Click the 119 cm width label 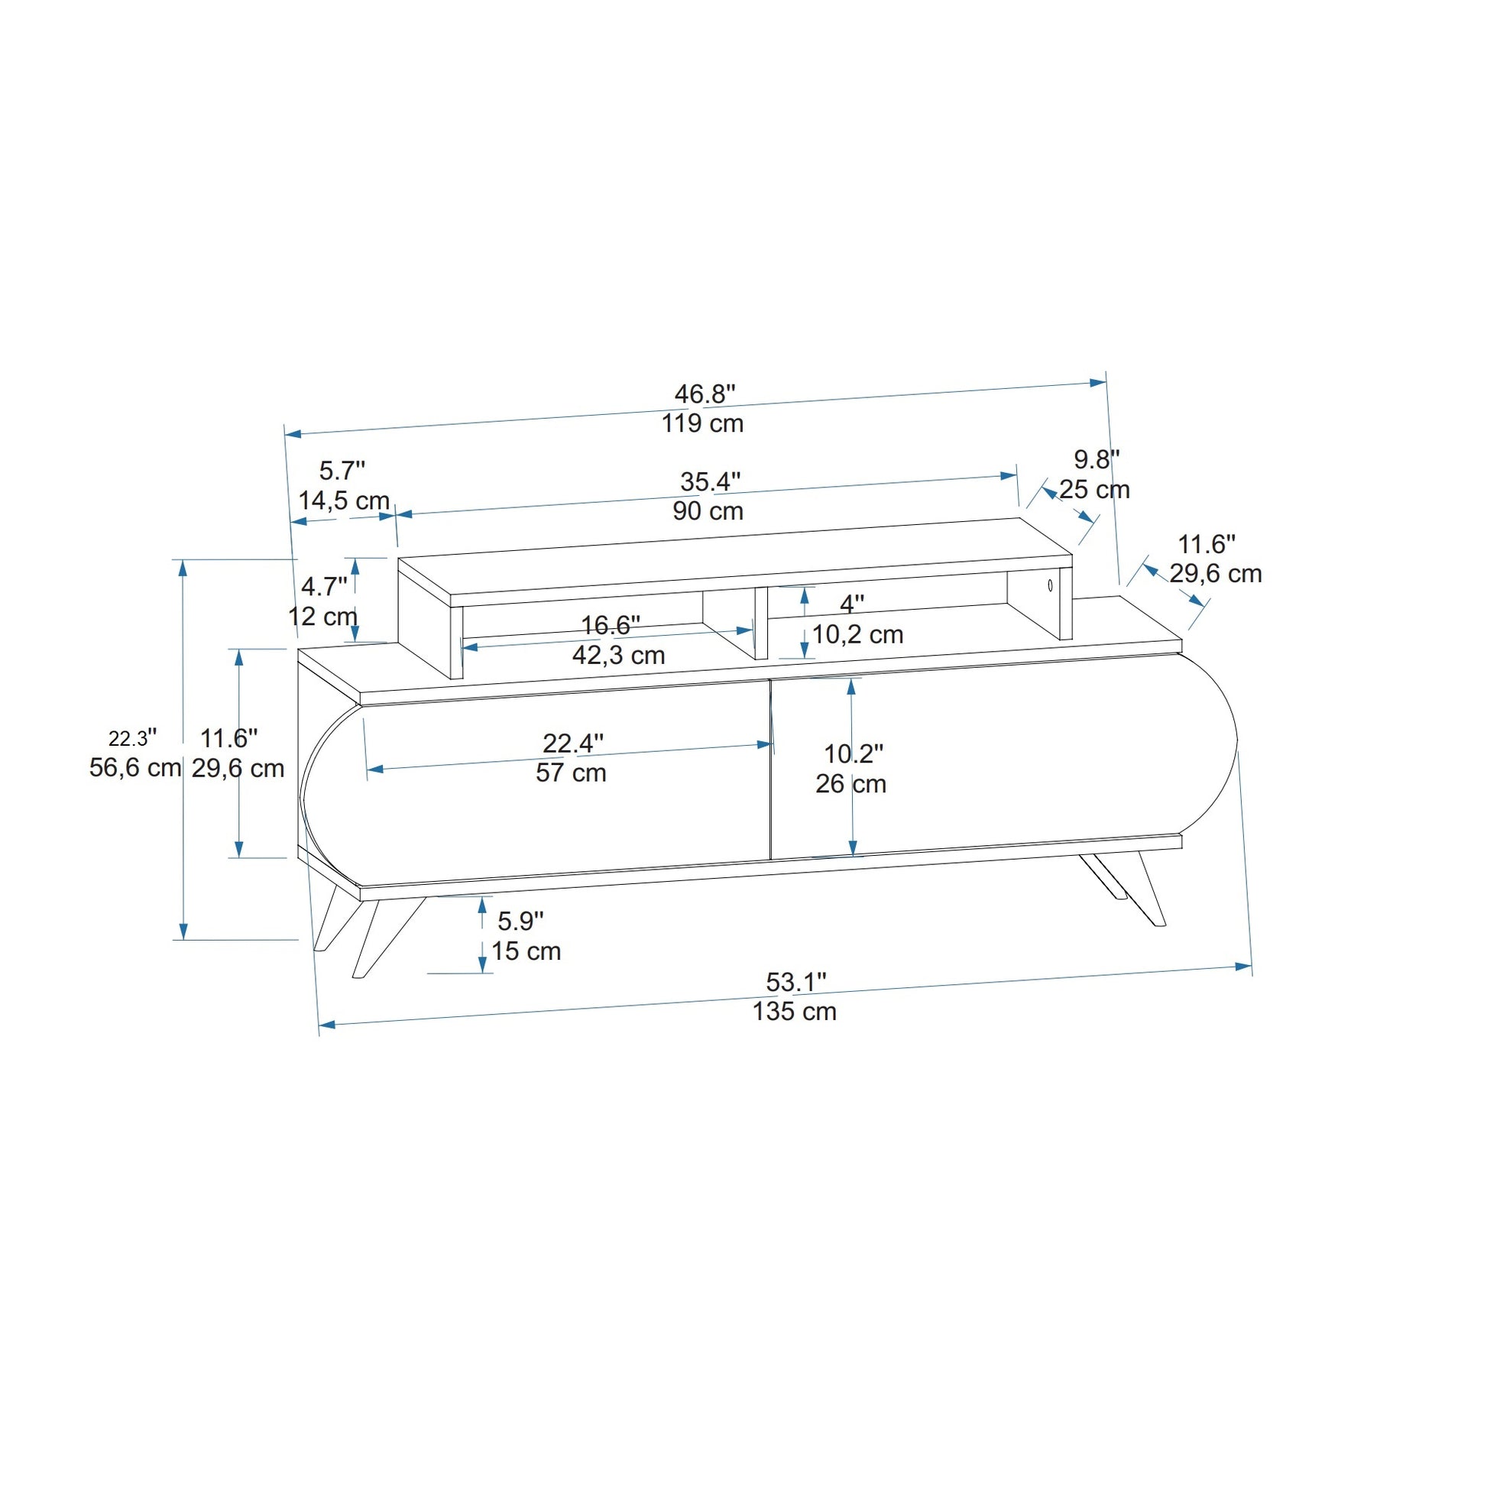pyautogui.click(x=703, y=423)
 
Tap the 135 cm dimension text pyautogui.click(x=794, y=1012)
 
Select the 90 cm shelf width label pyautogui.click(x=708, y=511)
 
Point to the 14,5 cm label pyautogui.click(x=344, y=501)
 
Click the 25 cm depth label pyautogui.click(x=1094, y=490)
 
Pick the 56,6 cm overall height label pyautogui.click(x=135, y=768)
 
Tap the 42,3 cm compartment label pyautogui.click(x=619, y=656)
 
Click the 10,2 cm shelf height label pyautogui.click(x=857, y=635)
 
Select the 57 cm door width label pyautogui.click(x=571, y=773)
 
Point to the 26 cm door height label pyautogui.click(x=851, y=784)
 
